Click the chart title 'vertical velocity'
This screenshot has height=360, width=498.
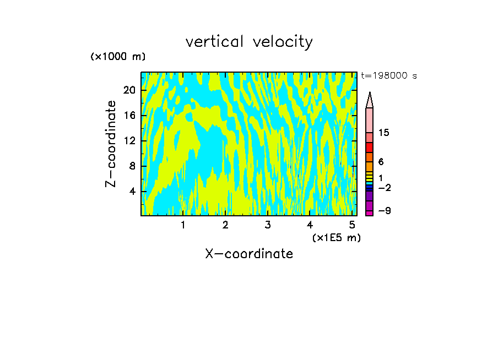point(249,42)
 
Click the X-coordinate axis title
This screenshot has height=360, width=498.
point(249,254)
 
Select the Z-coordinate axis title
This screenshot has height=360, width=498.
point(111,144)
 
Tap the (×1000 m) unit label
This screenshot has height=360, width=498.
point(118,57)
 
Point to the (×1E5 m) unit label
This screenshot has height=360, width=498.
point(336,237)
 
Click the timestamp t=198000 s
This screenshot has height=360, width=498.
point(389,76)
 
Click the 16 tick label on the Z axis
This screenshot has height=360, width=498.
point(129,115)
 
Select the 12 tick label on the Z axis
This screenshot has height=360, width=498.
point(129,140)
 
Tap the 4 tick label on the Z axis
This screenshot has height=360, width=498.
point(132,192)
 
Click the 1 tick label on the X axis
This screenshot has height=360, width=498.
point(183,225)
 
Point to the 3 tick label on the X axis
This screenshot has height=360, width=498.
point(268,225)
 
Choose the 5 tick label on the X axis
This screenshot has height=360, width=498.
point(352,225)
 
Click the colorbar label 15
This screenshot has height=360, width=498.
point(384,133)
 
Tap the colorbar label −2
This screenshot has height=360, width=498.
point(384,188)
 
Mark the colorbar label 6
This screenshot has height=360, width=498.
point(381,162)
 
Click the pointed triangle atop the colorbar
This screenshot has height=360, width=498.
point(370,101)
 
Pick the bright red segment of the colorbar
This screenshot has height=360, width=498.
point(370,148)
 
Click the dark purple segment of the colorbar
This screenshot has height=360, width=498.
point(370,196)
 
